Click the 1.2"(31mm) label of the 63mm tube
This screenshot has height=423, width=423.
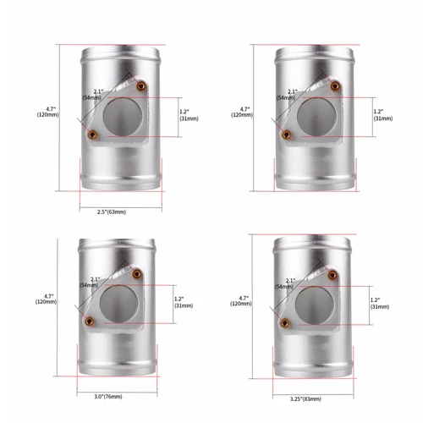(189, 114)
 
